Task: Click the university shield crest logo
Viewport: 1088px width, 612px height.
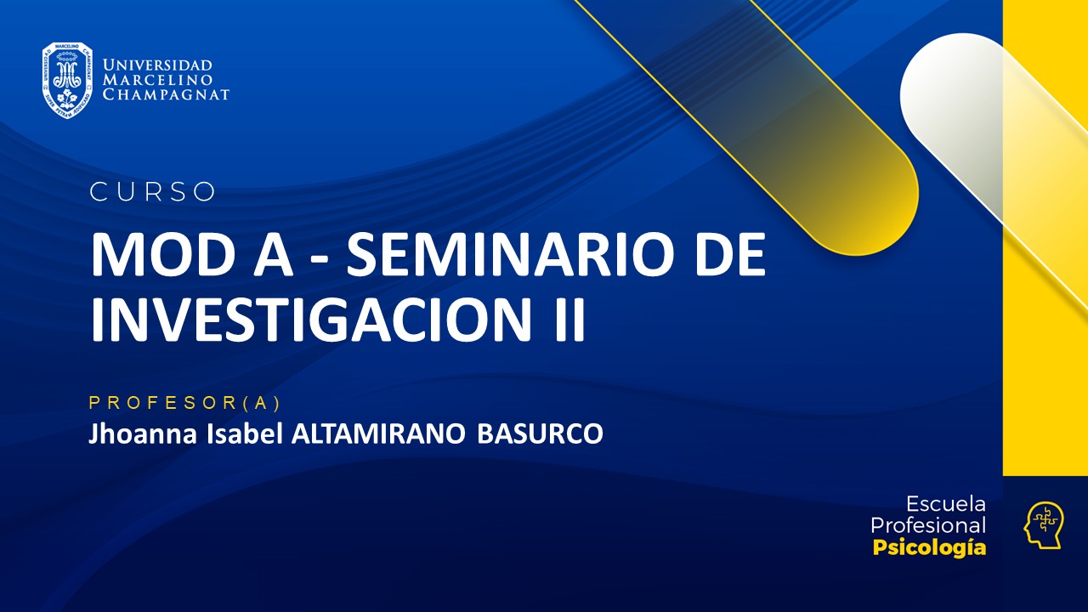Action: tap(67, 80)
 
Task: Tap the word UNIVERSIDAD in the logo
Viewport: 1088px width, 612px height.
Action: tap(157, 65)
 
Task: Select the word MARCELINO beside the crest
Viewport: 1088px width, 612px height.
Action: tap(157, 80)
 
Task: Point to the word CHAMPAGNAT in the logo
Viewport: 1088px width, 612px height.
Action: tap(166, 94)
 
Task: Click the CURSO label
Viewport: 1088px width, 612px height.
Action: tap(153, 192)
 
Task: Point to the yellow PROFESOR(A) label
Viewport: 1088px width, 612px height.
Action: tap(184, 402)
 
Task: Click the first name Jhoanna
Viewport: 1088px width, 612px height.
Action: tap(141, 433)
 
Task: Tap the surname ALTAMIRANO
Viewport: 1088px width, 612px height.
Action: tap(378, 433)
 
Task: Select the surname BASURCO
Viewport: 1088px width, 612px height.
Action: tap(540, 433)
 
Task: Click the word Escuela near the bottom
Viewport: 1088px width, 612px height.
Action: tap(945, 503)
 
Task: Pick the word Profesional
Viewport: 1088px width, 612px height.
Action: tap(928, 525)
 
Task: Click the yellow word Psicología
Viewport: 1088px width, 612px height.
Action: tap(929, 547)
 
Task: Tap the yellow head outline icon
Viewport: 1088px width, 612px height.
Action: tap(1043, 524)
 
